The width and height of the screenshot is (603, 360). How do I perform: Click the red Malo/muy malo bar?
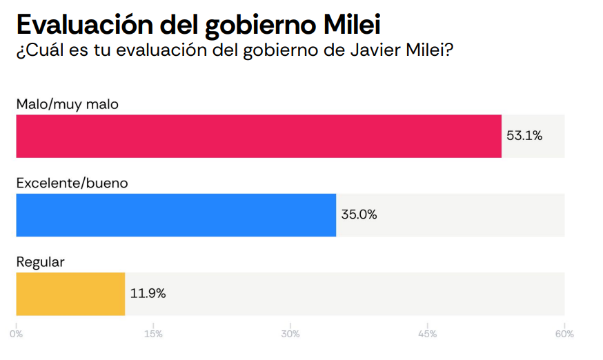coord(259,137)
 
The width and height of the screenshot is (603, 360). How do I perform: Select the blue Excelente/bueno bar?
coord(176,215)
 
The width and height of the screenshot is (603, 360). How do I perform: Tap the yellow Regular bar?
coord(70,294)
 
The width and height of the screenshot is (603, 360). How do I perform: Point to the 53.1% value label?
coord(524,136)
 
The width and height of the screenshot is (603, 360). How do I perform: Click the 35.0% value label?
coord(359,214)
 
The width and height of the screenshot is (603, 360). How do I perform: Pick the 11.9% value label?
coord(148,293)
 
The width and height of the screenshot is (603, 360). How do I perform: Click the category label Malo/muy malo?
coord(68,105)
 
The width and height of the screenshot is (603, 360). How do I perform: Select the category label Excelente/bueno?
coord(72,183)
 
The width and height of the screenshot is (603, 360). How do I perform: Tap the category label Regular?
coord(40,262)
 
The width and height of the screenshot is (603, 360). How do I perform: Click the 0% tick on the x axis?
coord(17,334)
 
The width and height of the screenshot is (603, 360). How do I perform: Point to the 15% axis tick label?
coord(153,334)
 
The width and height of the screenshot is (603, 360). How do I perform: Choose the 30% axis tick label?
coord(290,334)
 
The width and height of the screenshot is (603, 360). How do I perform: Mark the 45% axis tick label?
coord(427,334)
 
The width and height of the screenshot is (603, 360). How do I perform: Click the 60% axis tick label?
coord(564,334)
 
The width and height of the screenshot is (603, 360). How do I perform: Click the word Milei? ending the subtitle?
coord(429,50)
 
